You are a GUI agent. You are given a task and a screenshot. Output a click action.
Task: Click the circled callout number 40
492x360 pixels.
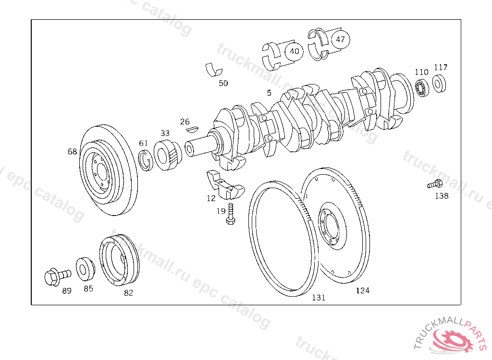[294, 51]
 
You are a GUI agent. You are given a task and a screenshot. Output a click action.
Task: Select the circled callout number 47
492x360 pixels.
[340, 39]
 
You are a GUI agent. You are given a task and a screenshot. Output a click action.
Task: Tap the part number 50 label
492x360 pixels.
[223, 83]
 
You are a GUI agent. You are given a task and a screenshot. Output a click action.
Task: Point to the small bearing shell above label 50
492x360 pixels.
[213, 69]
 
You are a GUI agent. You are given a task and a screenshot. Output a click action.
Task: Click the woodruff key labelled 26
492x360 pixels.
[192, 128]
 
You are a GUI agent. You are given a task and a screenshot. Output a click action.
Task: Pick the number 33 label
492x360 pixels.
[165, 133]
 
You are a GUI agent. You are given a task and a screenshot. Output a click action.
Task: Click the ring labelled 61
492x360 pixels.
[146, 160]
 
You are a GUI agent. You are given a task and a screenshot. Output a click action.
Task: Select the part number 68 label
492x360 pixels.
[72, 152]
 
